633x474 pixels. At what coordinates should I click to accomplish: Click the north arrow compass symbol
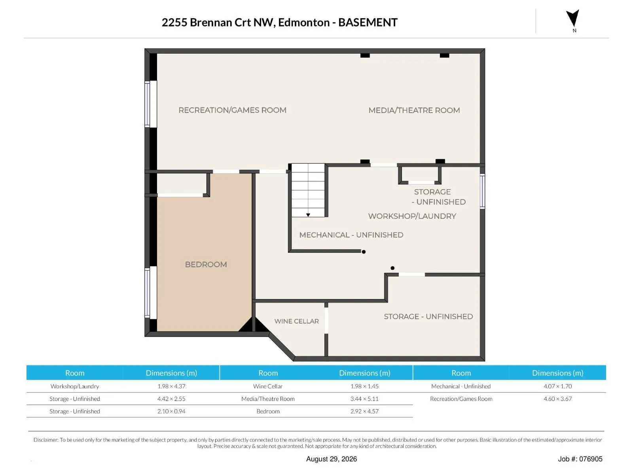(572, 19)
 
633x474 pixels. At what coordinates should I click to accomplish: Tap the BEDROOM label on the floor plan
(206, 265)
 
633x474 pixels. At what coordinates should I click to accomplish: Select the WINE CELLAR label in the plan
(296, 321)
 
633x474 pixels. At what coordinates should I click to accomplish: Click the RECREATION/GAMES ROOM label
(233, 110)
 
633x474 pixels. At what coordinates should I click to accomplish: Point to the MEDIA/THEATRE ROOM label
(414, 110)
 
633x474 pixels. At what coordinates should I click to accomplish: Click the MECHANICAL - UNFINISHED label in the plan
(351, 235)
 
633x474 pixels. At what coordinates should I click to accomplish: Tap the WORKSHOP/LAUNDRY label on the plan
(412, 216)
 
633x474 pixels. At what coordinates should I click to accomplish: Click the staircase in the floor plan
(308, 190)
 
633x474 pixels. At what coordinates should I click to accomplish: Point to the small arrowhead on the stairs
(308, 215)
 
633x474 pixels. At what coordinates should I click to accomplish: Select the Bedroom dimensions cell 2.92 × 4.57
(364, 411)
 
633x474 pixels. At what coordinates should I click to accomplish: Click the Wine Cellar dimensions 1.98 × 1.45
(364, 386)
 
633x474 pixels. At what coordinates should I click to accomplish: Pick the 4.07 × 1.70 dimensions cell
(557, 386)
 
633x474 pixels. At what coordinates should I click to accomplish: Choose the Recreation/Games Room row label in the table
(461, 399)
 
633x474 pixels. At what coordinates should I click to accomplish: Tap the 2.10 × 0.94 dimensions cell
(171, 411)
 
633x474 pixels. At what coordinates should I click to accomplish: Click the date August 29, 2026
(332, 459)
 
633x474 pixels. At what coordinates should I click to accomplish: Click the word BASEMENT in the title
(368, 23)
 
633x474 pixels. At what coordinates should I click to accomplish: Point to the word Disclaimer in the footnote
(46, 440)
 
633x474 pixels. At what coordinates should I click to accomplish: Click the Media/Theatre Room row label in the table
(268, 399)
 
